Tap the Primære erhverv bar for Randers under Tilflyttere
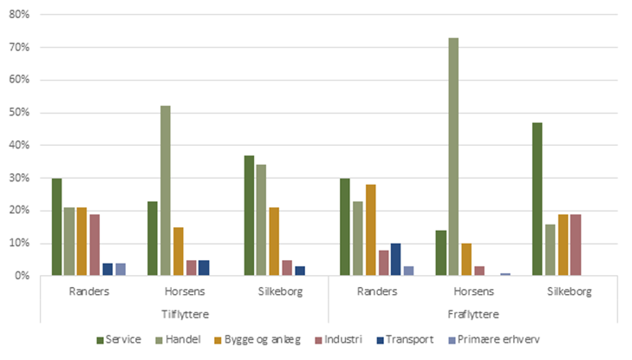pyautogui.click(x=121, y=269)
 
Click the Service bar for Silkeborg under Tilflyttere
pyautogui.click(x=249, y=215)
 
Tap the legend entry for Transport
pyautogui.click(x=407, y=338)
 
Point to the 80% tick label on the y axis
pyautogui.click(x=19, y=15)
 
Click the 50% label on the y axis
pyautogui.click(x=19, y=113)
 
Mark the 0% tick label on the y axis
pyautogui.click(x=22, y=276)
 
